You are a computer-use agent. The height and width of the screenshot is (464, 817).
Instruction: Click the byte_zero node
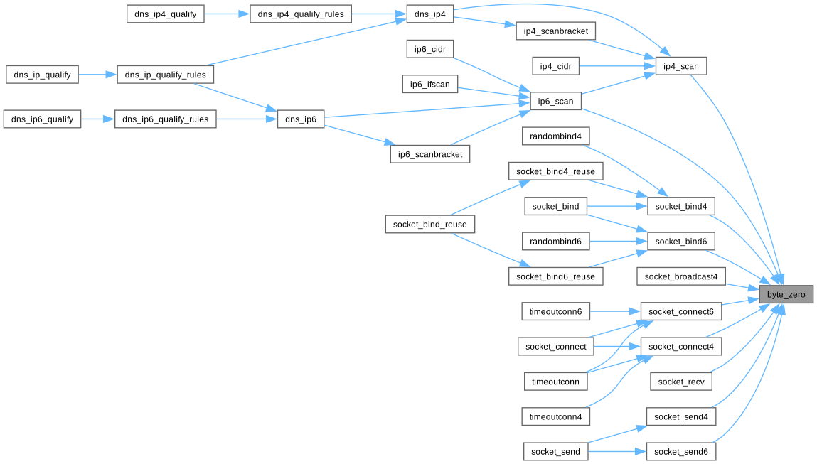click(786, 294)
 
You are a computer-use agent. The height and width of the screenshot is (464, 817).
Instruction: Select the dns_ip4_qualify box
click(165, 14)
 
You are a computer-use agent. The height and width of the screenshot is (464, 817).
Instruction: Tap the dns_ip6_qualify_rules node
click(165, 119)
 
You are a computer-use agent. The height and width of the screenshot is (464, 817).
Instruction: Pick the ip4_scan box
click(681, 66)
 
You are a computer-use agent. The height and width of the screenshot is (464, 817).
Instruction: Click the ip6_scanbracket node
click(430, 154)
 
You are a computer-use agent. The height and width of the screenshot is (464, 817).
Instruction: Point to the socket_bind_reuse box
click(430, 225)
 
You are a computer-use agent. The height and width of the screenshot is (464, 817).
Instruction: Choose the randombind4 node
click(555, 136)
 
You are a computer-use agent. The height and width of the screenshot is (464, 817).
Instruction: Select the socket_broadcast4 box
click(681, 276)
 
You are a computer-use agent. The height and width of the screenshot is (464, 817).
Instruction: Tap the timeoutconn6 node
click(555, 312)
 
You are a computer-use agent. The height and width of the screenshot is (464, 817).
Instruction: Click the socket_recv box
click(681, 382)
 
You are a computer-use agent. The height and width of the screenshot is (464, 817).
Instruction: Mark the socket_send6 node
click(681, 452)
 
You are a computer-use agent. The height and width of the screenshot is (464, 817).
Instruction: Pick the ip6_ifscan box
click(430, 85)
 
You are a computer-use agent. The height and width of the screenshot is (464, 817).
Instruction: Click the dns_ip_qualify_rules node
click(165, 75)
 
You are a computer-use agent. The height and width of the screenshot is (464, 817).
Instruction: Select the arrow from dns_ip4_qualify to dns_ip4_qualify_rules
click(227, 14)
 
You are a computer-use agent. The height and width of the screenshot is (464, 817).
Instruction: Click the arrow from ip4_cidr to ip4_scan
click(617, 66)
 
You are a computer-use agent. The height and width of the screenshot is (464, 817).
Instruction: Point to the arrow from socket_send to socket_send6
click(617, 452)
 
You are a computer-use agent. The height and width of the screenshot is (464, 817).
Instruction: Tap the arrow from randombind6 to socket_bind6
click(618, 242)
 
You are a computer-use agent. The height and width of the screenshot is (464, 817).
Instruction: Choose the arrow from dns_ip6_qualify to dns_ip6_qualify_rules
click(97, 119)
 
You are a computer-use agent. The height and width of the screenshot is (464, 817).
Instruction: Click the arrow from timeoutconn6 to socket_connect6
click(615, 312)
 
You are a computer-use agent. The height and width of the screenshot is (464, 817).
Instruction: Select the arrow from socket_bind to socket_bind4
click(617, 207)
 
